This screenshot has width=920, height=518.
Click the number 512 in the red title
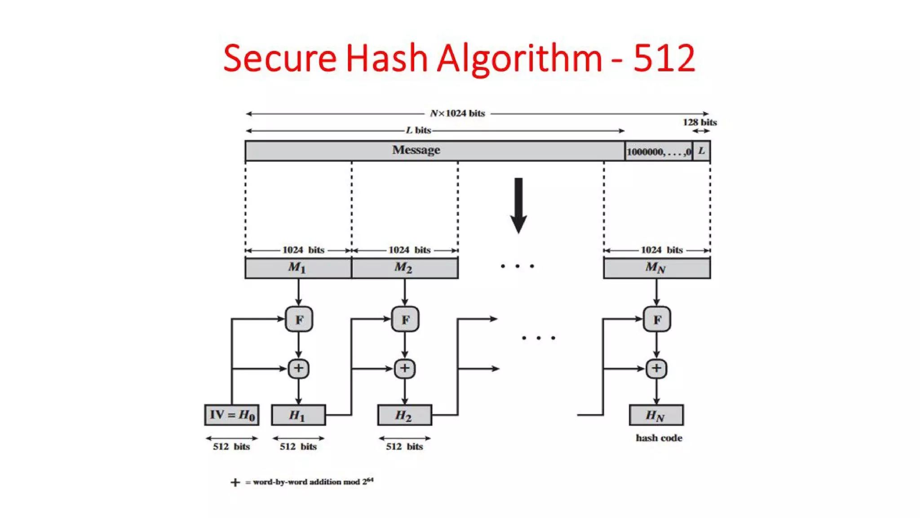point(664,58)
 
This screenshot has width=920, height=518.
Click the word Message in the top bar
point(416,150)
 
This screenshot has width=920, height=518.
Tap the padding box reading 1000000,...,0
point(659,152)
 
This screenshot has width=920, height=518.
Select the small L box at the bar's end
point(701,151)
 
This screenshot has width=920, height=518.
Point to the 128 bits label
point(699,122)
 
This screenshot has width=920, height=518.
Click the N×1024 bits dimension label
point(457,113)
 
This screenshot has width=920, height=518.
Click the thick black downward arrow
point(518,205)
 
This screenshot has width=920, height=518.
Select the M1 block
point(298,268)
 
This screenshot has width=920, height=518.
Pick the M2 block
point(404,268)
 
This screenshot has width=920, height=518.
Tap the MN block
point(656,268)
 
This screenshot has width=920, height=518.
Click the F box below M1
point(299,319)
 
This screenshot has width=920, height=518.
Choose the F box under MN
point(657,319)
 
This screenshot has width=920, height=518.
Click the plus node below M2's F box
point(404,369)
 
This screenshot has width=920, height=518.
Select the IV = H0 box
point(232,415)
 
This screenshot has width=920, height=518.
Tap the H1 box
point(298,415)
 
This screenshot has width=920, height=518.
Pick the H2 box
point(404,415)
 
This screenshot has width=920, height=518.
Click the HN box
point(656,415)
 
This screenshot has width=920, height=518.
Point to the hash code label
point(659,438)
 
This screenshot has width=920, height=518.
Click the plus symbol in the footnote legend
point(235,482)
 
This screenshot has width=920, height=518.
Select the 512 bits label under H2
point(404,447)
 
